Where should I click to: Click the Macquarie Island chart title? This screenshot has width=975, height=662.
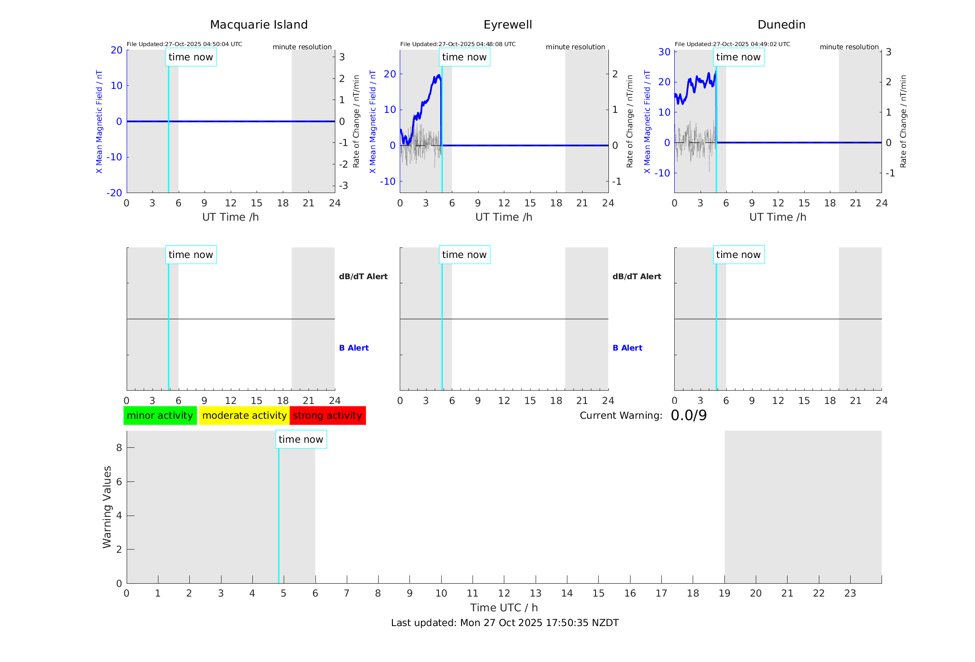pyautogui.click(x=258, y=25)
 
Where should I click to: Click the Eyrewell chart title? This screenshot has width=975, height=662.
pyautogui.click(x=508, y=25)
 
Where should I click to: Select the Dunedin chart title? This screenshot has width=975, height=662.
pyautogui.click(x=781, y=25)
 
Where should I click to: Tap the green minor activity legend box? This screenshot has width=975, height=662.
pyautogui.click(x=160, y=416)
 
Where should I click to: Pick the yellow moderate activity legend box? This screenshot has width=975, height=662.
pyautogui.click(x=244, y=416)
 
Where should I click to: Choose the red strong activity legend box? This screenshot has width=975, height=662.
pyautogui.click(x=327, y=416)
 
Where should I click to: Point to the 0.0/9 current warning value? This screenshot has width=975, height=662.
pyautogui.click(x=689, y=416)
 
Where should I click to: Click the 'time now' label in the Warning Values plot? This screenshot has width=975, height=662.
pyautogui.click(x=301, y=439)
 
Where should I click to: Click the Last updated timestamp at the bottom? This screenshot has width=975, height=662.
pyautogui.click(x=505, y=623)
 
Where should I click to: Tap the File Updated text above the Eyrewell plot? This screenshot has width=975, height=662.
pyautogui.click(x=458, y=44)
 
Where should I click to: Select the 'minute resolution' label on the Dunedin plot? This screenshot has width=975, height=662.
pyautogui.click(x=849, y=47)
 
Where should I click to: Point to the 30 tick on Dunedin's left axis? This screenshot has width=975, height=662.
pyautogui.click(x=664, y=52)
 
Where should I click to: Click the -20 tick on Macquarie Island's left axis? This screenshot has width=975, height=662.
pyautogui.click(x=114, y=193)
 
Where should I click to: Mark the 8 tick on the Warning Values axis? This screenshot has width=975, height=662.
pyautogui.click(x=119, y=447)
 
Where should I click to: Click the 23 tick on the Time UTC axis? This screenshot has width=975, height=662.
pyautogui.click(x=850, y=593)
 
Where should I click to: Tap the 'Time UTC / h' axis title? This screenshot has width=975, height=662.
pyautogui.click(x=504, y=608)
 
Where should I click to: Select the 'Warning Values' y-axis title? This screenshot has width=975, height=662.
pyautogui.click(x=107, y=507)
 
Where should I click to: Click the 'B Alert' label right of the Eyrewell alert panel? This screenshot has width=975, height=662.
pyautogui.click(x=627, y=348)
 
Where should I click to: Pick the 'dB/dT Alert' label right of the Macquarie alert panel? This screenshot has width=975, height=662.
pyautogui.click(x=363, y=276)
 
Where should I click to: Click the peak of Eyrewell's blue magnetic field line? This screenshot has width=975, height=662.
pyautogui.click(x=439, y=75)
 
